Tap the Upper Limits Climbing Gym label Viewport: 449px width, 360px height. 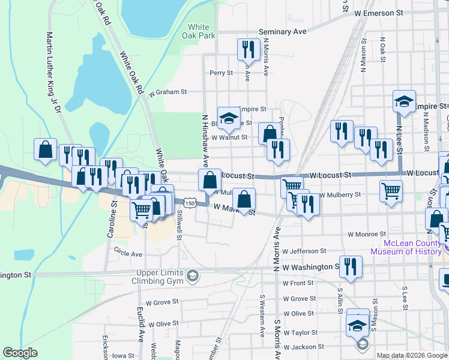[166, 277]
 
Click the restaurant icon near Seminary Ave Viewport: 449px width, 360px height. [247, 48]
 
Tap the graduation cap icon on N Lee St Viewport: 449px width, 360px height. [405, 101]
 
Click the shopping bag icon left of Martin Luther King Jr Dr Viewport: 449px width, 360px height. [45, 150]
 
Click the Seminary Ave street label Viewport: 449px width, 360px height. [282, 31]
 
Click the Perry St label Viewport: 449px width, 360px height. [221, 73]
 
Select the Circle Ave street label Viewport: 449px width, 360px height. [128, 253]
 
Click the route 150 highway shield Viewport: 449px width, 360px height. [190, 203]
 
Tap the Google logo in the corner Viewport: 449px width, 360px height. [20, 353]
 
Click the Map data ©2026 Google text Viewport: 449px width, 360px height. [411, 355]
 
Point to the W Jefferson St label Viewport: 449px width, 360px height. [304, 251]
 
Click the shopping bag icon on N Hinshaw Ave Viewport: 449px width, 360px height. [209, 180]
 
